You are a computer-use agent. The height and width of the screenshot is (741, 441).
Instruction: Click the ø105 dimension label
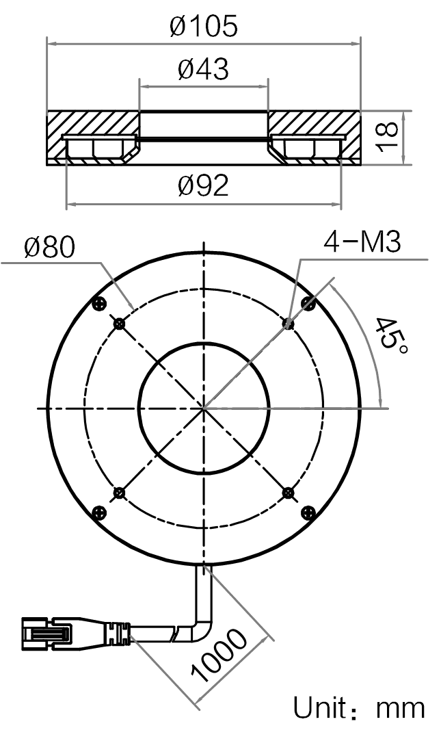click(x=204, y=26)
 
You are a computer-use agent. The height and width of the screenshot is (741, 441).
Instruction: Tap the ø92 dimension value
click(x=204, y=185)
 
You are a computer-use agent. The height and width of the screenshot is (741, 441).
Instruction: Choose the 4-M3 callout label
click(x=362, y=242)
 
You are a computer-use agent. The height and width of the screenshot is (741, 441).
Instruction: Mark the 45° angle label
click(x=390, y=337)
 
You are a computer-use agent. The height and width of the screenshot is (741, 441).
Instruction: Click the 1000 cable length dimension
click(x=219, y=656)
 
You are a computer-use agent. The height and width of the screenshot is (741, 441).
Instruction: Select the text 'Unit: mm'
click(x=360, y=708)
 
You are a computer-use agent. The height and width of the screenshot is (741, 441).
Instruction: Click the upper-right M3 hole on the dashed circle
click(x=288, y=323)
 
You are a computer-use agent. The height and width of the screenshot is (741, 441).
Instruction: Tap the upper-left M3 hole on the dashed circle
click(x=119, y=324)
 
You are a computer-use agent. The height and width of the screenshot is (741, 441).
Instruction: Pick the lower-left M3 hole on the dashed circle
click(x=119, y=493)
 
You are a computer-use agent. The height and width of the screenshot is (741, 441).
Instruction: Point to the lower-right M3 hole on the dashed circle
click(x=288, y=493)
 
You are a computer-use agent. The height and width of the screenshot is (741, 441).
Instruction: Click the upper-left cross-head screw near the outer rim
click(x=100, y=304)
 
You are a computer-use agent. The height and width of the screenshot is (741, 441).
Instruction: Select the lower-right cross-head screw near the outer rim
click(x=308, y=512)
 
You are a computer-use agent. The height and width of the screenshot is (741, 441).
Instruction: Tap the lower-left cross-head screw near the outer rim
click(x=100, y=512)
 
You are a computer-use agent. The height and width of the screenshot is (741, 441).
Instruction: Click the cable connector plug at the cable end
click(x=46, y=634)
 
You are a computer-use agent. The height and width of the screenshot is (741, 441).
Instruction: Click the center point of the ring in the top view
click(x=204, y=408)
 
